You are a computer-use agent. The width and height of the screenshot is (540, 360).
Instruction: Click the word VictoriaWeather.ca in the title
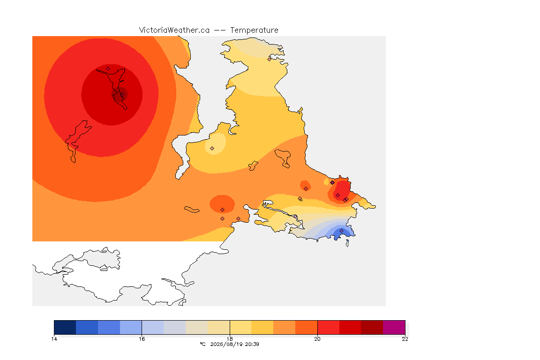coord(174,30)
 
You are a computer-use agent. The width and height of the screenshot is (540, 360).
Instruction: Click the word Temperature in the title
coord(254,30)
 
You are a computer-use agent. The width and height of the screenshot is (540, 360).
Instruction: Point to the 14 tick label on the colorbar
coord(54,339)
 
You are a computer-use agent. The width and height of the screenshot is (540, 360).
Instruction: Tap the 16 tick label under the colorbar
coord(142,339)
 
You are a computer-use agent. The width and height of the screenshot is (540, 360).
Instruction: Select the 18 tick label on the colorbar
coord(230,339)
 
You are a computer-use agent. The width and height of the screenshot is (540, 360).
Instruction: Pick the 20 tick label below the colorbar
coord(317,339)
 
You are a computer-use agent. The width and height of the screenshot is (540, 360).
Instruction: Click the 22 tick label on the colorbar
coord(405,339)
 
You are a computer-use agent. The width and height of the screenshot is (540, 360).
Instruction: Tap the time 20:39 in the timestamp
coord(252,344)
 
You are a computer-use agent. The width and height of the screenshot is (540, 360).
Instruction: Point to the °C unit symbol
coord(202,344)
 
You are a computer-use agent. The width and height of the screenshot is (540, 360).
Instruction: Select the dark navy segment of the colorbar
coord(65,327)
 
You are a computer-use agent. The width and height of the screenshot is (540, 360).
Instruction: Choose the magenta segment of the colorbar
coord(394,327)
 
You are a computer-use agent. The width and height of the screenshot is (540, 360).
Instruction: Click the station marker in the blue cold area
coord(341,231)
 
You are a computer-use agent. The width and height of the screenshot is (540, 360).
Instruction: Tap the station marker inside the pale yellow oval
coord(212,149)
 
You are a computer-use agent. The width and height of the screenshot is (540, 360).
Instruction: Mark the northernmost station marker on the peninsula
coord(270,59)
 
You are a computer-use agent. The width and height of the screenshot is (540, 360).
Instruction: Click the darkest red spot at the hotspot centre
coord(120,95)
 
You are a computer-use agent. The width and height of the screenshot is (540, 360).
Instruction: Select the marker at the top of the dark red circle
coord(108,69)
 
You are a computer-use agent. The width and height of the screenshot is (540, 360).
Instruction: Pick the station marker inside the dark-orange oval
coord(223,210)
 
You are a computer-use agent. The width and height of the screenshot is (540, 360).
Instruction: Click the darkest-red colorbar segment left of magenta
coord(372,327)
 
